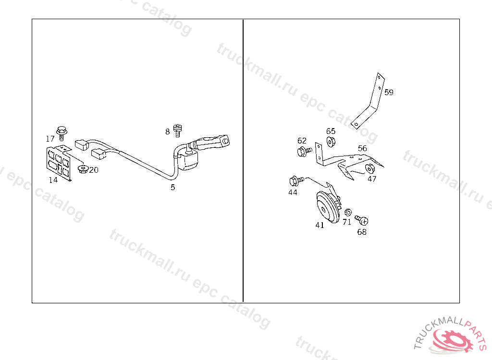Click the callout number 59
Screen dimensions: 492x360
(x=389, y=92)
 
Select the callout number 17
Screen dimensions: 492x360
(x=50, y=139)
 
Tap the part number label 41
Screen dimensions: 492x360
(x=320, y=225)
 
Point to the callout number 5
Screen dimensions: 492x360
(x=172, y=187)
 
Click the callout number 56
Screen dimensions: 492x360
(x=362, y=148)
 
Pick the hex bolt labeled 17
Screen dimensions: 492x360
(x=61, y=133)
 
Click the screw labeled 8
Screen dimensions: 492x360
(x=178, y=131)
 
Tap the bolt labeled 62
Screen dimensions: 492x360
(x=304, y=152)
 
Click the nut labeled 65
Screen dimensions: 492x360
(x=331, y=142)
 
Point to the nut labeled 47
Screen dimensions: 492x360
(x=370, y=168)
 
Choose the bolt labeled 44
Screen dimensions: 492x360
(x=296, y=181)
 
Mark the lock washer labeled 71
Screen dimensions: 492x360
(x=347, y=213)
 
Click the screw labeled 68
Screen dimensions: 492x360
(x=362, y=220)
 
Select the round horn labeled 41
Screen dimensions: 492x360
(x=328, y=207)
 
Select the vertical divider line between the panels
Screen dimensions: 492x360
(x=243, y=161)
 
